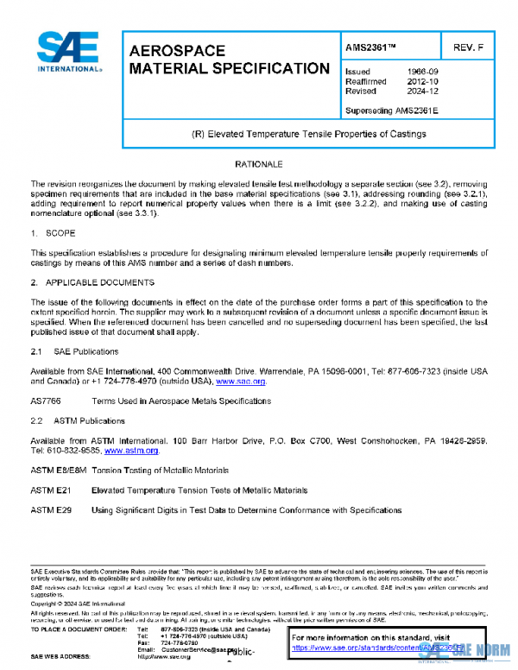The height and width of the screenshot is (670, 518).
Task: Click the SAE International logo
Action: click(66, 53)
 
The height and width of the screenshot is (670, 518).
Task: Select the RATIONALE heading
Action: click(258, 164)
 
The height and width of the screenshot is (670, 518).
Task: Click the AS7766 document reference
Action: click(46, 401)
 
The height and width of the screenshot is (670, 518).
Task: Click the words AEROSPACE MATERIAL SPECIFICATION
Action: click(228, 60)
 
